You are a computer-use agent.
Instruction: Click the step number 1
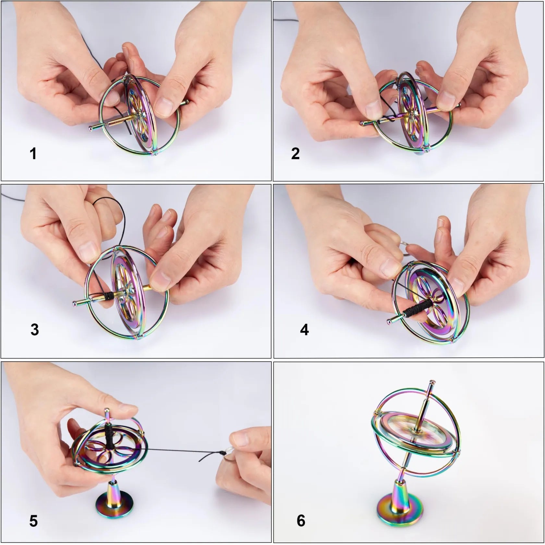[x=33, y=153]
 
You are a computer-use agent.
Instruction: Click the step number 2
[x=295, y=153]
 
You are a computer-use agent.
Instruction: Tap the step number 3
[x=35, y=330]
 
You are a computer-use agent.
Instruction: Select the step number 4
[x=304, y=330]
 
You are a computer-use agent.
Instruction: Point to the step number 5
[x=33, y=521]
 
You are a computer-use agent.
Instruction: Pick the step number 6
[x=301, y=521]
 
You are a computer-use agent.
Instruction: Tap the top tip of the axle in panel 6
[x=430, y=382]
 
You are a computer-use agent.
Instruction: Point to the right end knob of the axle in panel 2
[x=459, y=105]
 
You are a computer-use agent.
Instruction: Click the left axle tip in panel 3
[x=75, y=304]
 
